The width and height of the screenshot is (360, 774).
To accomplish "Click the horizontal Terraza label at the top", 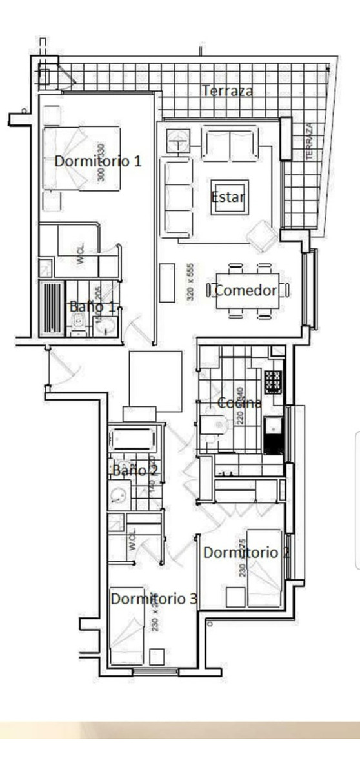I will click(x=227, y=91).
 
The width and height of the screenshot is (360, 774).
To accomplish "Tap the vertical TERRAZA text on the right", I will click(x=310, y=141).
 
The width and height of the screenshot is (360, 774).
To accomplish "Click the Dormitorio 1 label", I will click(x=97, y=161).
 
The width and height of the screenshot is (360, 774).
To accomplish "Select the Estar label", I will click(x=228, y=196).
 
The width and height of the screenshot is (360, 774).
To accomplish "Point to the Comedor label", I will click(x=246, y=290).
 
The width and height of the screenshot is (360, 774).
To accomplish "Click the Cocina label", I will click(x=239, y=403).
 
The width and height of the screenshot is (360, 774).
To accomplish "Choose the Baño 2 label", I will click(x=135, y=470).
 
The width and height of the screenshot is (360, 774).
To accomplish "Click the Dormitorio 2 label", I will click(x=246, y=552).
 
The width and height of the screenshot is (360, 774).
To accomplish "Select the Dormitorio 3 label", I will click(x=154, y=599).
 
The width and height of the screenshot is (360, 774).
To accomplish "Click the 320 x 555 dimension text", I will click(x=190, y=284).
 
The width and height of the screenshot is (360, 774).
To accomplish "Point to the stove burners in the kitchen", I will click(x=273, y=381).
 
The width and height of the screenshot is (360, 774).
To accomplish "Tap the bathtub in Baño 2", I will click(x=134, y=440).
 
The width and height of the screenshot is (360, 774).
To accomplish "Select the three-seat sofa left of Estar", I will click(x=175, y=199).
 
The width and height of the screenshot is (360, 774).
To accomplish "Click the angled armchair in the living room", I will click(x=262, y=237).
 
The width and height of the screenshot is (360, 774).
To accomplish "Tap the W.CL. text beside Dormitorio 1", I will click(x=81, y=255).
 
